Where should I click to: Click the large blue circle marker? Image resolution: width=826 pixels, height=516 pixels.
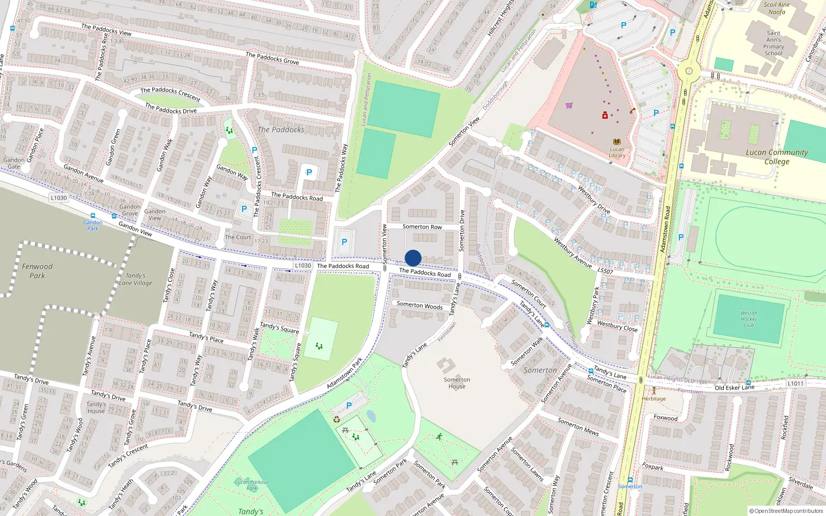tap(413, 258)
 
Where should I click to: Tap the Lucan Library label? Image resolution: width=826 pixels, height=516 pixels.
tap(617, 152)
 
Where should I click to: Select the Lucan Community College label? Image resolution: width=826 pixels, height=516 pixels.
tap(776, 156)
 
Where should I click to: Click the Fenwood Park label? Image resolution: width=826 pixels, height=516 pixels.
tap(37, 271)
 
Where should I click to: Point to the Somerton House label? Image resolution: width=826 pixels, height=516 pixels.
tap(457, 383)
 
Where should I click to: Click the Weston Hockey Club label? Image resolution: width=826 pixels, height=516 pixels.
tap(749, 319)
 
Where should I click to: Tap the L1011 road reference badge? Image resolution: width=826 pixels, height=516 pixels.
tap(796, 383)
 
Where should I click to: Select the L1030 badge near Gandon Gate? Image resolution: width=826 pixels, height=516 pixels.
tap(59, 198)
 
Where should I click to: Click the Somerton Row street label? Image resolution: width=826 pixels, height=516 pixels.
tap(422, 227)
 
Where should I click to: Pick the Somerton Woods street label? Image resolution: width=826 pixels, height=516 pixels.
tap(420, 305)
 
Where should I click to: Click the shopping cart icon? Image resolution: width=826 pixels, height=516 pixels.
tap(569, 106)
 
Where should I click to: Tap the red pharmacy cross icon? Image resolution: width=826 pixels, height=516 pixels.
tap(605, 115)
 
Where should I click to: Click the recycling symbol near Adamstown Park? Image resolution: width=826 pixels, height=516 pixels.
tap(337, 419)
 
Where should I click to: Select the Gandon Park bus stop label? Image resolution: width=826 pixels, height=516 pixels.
tap(93, 225)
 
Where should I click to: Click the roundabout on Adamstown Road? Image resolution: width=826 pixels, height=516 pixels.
tap(688, 71)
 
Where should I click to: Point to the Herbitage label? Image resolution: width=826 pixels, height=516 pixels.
tap(654, 398)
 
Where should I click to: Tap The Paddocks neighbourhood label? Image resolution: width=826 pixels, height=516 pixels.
tap(281, 130)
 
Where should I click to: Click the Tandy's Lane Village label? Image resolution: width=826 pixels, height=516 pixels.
tap(136, 279)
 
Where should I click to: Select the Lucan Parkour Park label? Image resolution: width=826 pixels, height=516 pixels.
tap(252, 485)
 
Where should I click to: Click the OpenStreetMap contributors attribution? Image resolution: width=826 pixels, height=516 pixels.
tap(786, 511)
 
